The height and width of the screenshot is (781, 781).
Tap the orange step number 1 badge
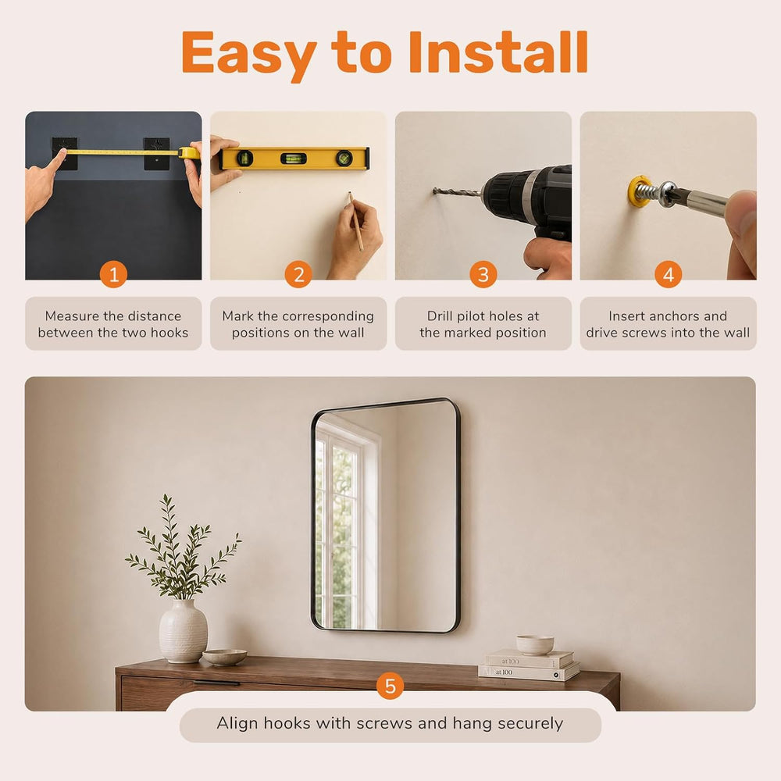pos(113,274)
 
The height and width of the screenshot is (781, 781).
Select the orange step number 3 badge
pos(483,274)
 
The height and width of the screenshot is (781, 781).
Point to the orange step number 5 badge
pos(390,686)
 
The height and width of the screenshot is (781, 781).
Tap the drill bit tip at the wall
pos(435,191)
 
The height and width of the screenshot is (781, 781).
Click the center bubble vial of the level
pos(294,159)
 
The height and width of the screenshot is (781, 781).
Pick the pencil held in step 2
pos(355,221)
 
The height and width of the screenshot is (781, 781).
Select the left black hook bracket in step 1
pos(65,153)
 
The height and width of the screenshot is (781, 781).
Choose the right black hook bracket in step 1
pos(156,153)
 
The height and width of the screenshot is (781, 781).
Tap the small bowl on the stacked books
pos(534,644)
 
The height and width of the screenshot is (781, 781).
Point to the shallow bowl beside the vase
pos(225,657)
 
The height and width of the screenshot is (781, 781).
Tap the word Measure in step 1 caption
pos(72,316)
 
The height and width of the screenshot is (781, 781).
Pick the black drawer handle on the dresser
pos(216,683)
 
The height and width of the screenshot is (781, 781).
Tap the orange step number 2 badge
pos(298,274)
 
